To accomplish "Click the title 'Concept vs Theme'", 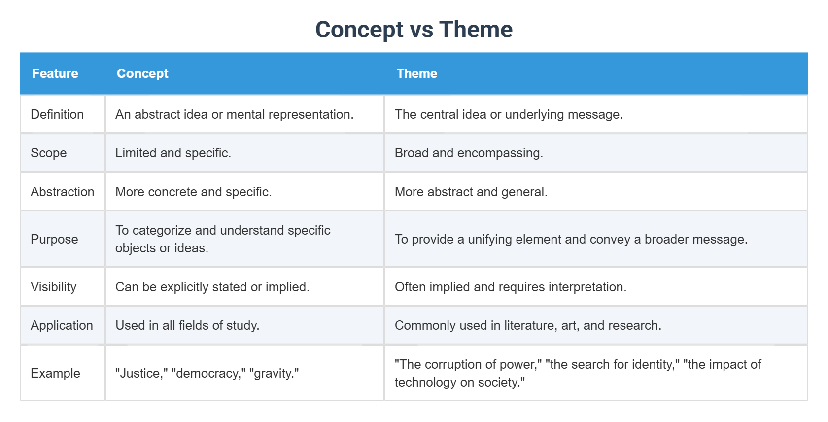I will [414, 30].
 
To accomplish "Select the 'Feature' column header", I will [55, 73].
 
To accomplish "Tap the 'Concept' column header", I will [142, 73].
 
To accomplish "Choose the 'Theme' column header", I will [416, 73].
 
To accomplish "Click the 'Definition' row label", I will [57, 114].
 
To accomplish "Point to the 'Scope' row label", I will [49, 153].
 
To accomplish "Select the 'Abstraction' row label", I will [63, 192].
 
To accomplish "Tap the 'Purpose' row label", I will [54, 239].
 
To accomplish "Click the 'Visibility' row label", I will [54, 287].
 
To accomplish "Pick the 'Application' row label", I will [62, 325].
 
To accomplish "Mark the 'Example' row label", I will [55, 373].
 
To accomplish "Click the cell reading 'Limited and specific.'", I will [173, 153].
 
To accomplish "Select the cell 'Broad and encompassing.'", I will [469, 153].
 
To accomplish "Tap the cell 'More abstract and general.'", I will [471, 192].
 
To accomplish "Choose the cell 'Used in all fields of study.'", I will [187, 325].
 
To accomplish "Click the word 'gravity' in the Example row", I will [274, 374].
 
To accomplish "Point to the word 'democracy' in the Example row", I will [207, 374].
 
